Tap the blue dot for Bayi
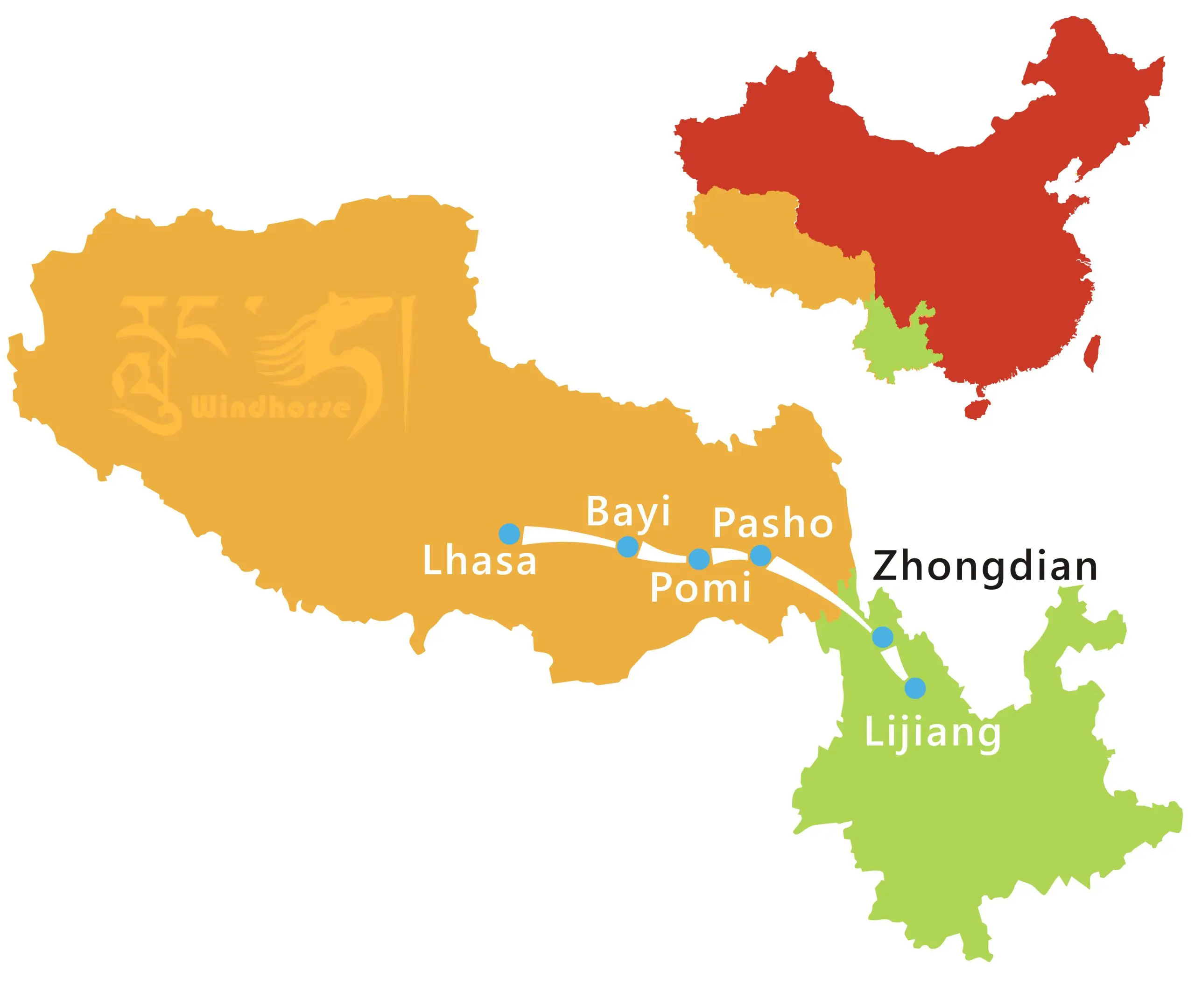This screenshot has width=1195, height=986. coord(627,546)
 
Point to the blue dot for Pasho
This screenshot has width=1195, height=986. coord(760,556)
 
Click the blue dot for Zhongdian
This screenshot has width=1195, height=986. coord(883,637)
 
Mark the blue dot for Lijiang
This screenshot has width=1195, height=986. coord(915,688)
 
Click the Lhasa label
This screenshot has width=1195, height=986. coord(480,561)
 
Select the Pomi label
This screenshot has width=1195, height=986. coord(700,587)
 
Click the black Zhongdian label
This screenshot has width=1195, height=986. coord(985,566)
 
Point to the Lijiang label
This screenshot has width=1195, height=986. coord(932,733)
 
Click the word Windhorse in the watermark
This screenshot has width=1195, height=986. coord(270,408)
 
